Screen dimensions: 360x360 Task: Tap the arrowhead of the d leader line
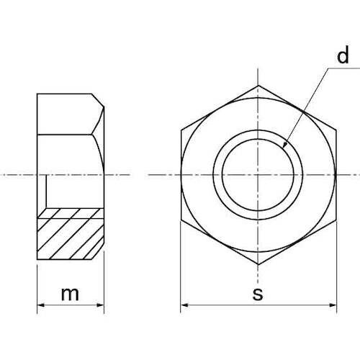point(285,145)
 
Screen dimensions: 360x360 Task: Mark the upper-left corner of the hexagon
point(181,130)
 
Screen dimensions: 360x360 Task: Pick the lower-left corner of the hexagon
point(181,217)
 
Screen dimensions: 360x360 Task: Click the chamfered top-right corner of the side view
point(98,100)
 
